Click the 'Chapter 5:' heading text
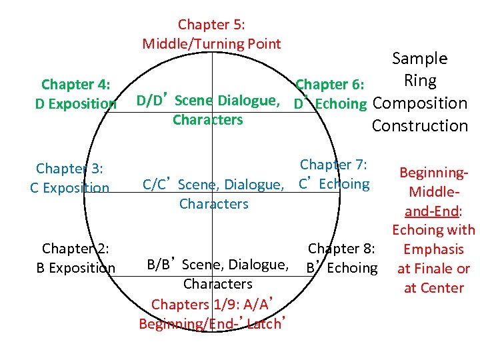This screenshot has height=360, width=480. (211, 25)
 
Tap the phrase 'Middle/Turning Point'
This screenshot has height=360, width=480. (211, 44)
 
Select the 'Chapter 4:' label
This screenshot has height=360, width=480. (76, 84)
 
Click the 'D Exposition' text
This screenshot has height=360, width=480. (75, 103)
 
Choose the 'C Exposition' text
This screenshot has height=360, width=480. (69, 187)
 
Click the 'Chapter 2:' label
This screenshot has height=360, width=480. (75, 249)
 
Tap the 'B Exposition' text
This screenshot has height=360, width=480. (75, 268)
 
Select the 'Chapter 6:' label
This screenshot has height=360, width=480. (329, 84)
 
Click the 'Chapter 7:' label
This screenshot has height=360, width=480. (335, 165)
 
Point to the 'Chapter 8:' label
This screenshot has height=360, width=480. (342, 249)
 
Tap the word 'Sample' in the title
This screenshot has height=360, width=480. (419, 58)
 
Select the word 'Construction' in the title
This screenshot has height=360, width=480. (419, 125)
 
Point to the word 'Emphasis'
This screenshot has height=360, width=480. (433, 249)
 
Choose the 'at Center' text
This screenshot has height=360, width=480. (433, 288)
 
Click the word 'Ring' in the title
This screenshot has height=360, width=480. (420, 81)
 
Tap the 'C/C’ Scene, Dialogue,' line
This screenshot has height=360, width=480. (213, 184)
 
